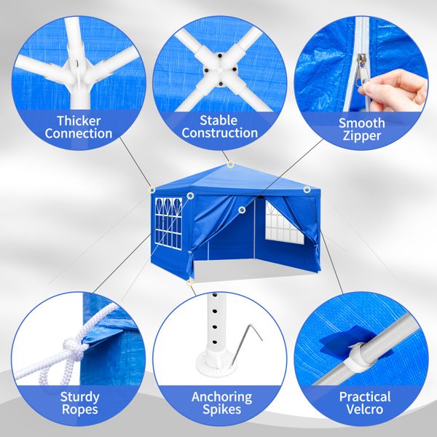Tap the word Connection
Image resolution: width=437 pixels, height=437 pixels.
pos(78,134)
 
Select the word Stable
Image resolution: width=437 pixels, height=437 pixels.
pos(219,119)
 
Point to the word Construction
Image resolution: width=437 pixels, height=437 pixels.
pos(219,133)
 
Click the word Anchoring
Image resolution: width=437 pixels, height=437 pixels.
pos(221,398)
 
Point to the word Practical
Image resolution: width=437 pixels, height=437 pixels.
pos(364,398)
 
